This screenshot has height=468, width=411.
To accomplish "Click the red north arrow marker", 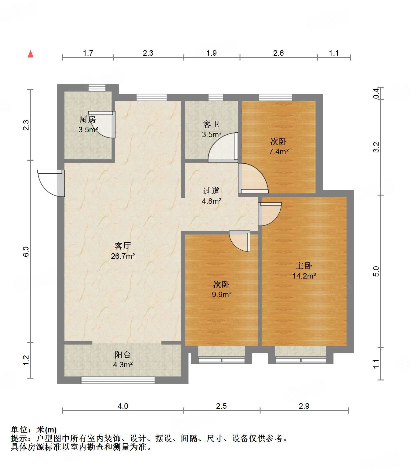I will (x=30, y=54).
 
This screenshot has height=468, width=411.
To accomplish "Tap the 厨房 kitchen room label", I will (x=88, y=119).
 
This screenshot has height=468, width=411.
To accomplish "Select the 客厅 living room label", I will (x=123, y=246).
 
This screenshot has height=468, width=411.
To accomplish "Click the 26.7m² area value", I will (x=123, y=256).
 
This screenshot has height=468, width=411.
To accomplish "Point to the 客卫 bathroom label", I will (x=211, y=124).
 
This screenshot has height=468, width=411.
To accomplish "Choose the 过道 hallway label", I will (x=211, y=191).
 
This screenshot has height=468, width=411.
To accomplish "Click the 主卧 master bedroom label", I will (x=304, y=265).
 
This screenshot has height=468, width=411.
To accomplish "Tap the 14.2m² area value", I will (x=304, y=276).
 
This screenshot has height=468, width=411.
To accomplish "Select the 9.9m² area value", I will (x=222, y=294).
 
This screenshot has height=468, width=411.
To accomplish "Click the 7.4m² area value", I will (x=278, y=151).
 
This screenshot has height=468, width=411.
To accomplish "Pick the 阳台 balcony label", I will (x=123, y=355).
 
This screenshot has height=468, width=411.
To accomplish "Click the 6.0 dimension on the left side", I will (x=26, y=251).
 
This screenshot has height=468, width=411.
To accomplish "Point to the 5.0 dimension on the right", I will (x=376, y=271).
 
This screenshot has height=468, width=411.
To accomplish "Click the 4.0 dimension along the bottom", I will (x=123, y=406).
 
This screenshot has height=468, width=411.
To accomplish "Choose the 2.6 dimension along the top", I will (x=278, y=53).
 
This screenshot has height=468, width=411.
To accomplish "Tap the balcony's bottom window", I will (x=118, y=380).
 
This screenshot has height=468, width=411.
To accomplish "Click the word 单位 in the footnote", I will (x=19, y=430).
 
